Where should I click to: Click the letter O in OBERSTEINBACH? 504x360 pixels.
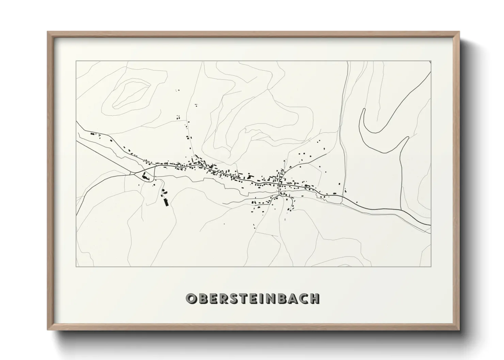(x=191, y=298)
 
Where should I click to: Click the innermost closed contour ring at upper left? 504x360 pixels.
(x=131, y=92)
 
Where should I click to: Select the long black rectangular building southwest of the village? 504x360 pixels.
(x=166, y=202)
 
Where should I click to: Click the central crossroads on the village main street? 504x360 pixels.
(x=280, y=184)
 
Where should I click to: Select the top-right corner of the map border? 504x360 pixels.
(x=430, y=61)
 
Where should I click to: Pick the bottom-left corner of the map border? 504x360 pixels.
(x=76, y=267)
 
